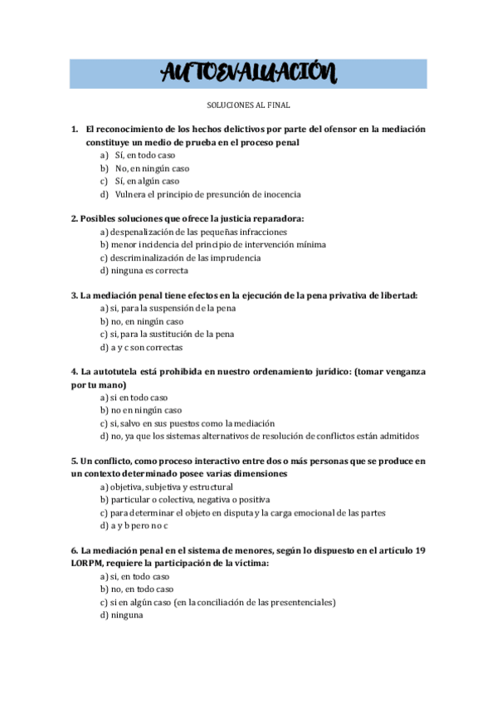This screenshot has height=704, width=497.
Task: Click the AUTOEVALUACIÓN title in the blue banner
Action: pyautogui.click(x=248, y=74)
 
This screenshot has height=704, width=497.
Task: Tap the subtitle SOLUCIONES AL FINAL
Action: pyautogui.click(x=248, y=106)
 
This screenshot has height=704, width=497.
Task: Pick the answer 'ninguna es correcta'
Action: pyautogui.click(x=149, y=270)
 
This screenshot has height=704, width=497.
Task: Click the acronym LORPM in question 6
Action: pyautogui.click(x=90, y=563)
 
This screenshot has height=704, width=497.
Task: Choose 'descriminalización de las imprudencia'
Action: pyautogui.click(x=186, y=257)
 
